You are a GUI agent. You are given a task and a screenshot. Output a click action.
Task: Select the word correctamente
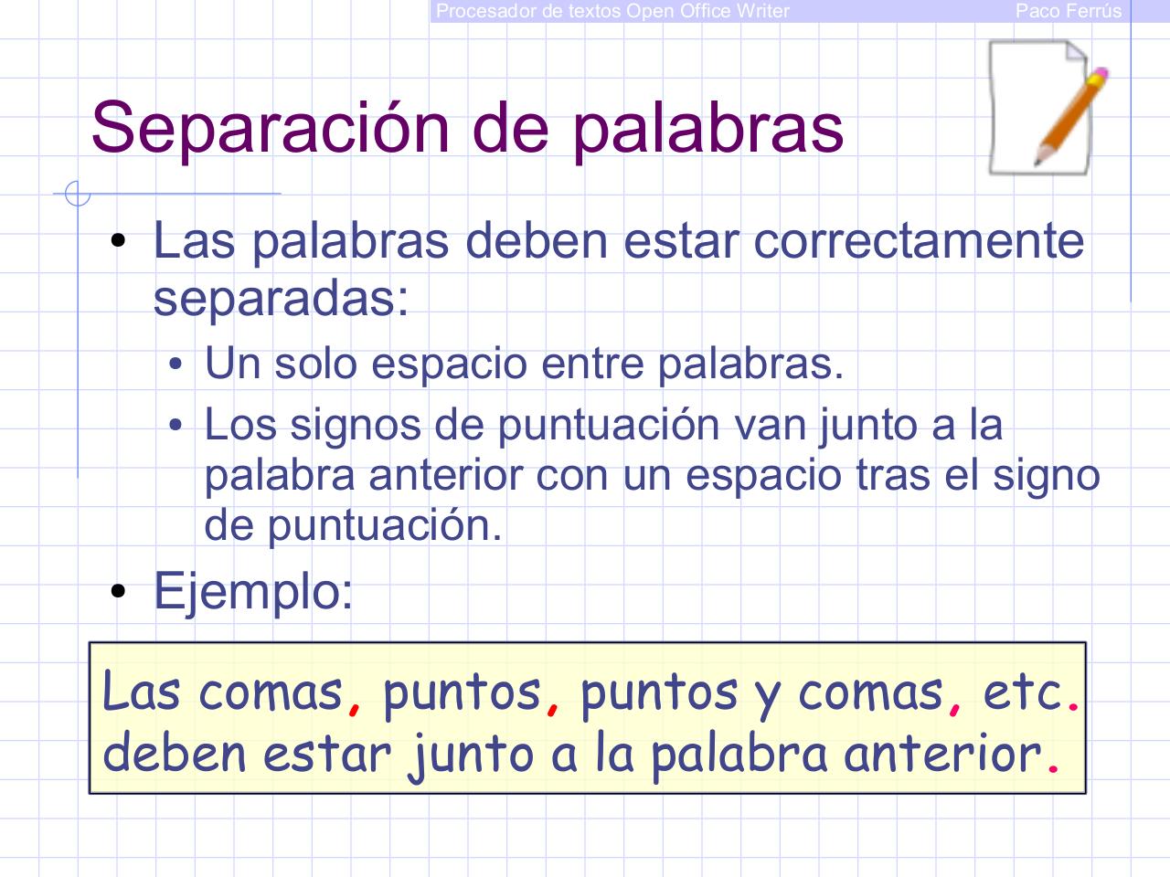pyautogui.click(x=919, y=240)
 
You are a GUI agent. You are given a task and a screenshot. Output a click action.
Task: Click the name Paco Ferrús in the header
pyautogui.click(x=1068, y=11)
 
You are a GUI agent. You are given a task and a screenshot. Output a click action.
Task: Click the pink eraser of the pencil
pyautogui.click(x=1100, y=75)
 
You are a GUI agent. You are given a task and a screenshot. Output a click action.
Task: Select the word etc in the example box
pyautogui.click(x=1022, y=692)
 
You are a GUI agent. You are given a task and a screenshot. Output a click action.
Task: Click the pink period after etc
pyautogui.click(x=1073, y=707)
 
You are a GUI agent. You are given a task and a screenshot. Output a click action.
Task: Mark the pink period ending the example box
pyautogui.click(x=1053, y=769)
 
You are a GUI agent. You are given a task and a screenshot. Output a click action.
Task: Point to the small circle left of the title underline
pyautogui.click(x=78, y=194)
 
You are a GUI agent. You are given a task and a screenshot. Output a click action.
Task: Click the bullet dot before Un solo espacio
pyautogui.click(x=175, y=365)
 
